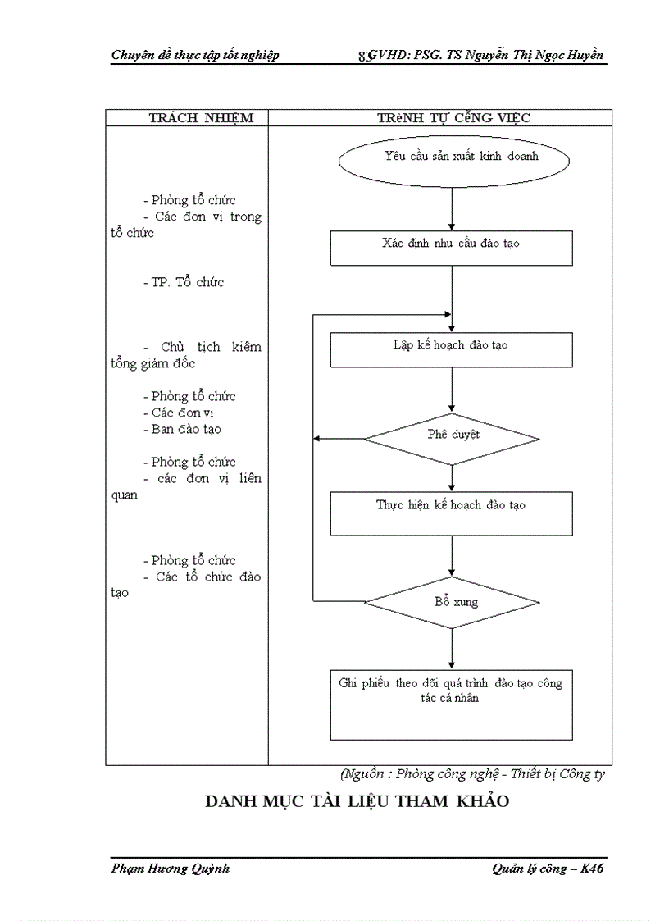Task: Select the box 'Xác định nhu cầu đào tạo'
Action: point(451,248)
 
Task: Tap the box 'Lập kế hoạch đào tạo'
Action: point(451,349)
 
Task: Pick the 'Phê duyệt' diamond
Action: point(452,438)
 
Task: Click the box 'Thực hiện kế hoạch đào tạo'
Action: point(451,513)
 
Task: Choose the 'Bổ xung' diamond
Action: point(452,603)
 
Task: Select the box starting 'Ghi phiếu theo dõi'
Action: point(451,704)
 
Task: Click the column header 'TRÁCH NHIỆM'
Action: point(201,118)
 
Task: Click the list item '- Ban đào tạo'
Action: point(186,429)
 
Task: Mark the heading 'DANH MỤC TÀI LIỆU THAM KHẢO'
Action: point(357,801)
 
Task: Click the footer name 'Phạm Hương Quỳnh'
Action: point(170,869)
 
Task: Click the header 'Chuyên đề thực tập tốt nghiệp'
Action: point(194,55)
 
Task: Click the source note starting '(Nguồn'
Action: point(472,773)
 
